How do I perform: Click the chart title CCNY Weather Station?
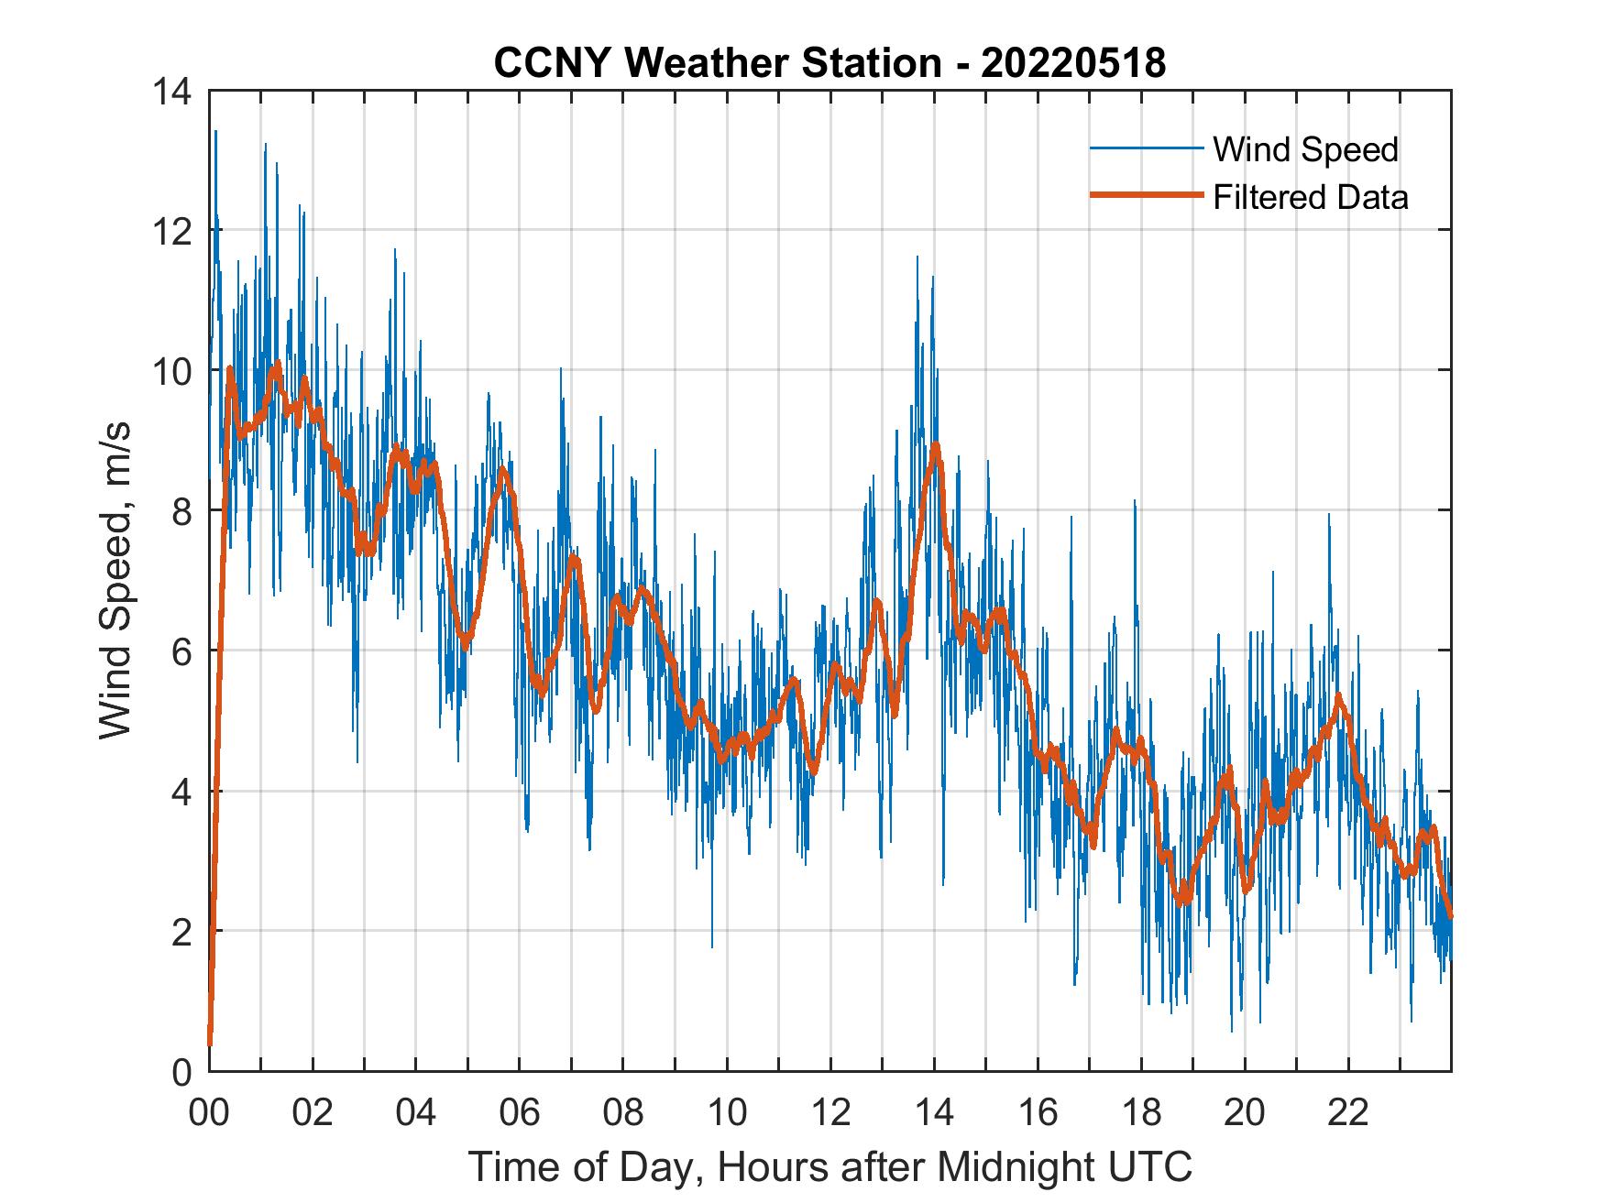(718, 63)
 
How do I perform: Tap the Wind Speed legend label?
(1305, 149)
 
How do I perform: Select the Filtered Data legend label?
(1310, 197)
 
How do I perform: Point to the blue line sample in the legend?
(1146, 148)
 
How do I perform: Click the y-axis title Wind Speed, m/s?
(116, 581)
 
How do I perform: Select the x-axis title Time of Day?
(830, 1167)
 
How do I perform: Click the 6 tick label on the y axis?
(181, 651)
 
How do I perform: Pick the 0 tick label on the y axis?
(181, 1072)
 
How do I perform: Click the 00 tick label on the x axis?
(209, 1113)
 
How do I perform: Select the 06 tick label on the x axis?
(520, 1113)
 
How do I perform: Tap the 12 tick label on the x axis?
(830, 1113)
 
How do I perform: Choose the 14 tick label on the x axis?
(934, 1113)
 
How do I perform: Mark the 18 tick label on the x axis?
(1141, 1113)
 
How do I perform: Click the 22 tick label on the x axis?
(1348, 1113)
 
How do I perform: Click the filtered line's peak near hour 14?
(935, 445)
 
